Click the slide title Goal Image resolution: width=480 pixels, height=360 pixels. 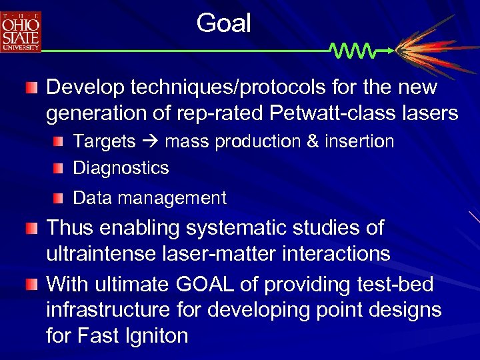pyautogui.click(x=224, y=24)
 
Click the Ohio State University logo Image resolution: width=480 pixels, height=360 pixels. pyautogui.click(x=21, y=31)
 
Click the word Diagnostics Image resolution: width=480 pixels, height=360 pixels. pyautogui.click(x=121, y=167)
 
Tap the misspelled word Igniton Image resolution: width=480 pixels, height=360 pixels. pyautogui.click(x=154, y=335)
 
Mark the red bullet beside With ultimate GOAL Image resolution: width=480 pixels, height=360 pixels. pyautogui.click(x=32, y=285)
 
